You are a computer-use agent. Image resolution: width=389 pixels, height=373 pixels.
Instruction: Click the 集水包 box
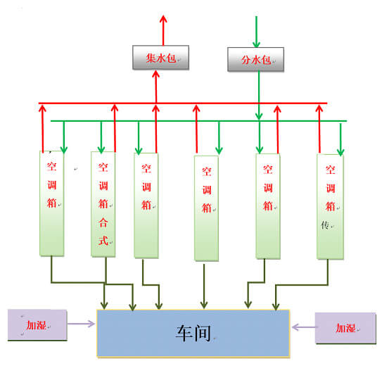tap(161, 57)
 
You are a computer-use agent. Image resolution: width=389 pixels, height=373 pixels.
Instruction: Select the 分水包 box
tap(256, 59)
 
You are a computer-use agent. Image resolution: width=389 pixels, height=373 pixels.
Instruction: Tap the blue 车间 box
tap(193, 334)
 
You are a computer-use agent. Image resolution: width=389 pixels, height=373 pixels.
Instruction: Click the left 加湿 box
tap(37, 325)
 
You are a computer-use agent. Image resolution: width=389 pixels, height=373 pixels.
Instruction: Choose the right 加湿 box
tap(345, 328)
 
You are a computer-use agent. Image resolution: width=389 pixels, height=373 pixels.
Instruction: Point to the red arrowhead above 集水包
tap(163, 19)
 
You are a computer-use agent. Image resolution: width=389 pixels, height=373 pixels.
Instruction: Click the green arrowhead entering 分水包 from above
tap(256, 44)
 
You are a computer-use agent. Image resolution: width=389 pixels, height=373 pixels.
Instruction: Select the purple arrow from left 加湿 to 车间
tap(81, 324)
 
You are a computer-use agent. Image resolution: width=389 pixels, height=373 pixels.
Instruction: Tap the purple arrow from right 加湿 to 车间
tap(304, 327)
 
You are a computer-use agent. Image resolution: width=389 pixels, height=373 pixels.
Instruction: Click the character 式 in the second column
tap(103, 241)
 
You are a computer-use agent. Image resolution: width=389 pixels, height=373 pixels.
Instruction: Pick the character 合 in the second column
tap(103, 222)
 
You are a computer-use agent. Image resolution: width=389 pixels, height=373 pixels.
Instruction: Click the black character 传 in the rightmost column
tap(325, 225)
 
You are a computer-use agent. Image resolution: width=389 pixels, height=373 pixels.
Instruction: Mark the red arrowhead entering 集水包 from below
tap(155, 74)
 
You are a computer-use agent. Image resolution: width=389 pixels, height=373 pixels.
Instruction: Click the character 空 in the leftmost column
tap(52, 167)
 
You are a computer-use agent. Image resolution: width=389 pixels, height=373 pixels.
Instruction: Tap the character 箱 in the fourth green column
tap(207, 208)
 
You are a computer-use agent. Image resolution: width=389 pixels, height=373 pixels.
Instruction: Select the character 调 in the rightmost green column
tap(331, 188)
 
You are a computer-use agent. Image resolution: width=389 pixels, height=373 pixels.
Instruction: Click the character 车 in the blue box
tap(184, 333)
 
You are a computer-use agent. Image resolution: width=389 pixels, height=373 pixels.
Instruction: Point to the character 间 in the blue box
tap(203, 333)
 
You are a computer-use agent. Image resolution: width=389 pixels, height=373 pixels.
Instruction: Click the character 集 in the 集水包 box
tap(151, 58)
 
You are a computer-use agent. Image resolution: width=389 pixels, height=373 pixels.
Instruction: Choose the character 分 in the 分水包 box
tap(246, 60)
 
